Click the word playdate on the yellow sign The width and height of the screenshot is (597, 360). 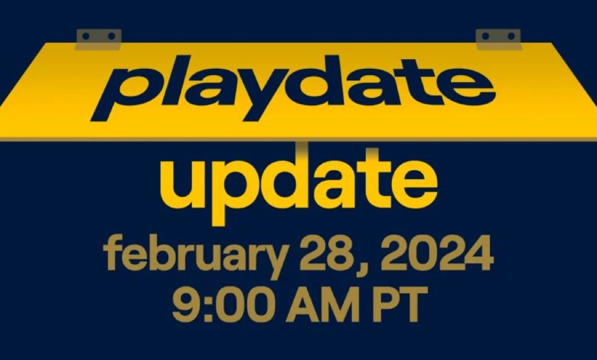point(293,88)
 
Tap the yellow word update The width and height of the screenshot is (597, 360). point(298,187)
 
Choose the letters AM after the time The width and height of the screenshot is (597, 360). point(323,305)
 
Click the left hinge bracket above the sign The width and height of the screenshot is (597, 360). point(99,39)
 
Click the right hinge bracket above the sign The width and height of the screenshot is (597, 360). point(498,39)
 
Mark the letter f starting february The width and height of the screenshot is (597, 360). point(113,252)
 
